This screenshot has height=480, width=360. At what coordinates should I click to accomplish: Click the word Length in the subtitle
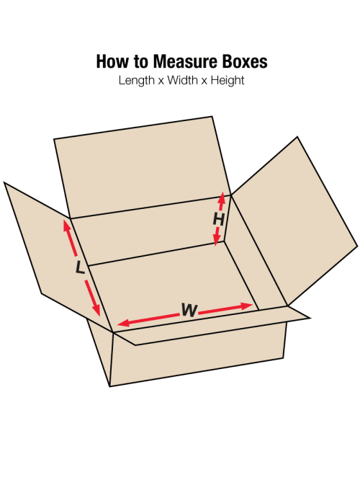click(x=136, y=81)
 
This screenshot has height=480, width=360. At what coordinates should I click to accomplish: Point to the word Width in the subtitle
click(x=182, y=80)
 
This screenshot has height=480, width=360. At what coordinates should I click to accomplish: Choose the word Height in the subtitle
click(x=228, y=81)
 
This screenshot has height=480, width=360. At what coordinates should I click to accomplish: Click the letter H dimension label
click(x=219, y=220)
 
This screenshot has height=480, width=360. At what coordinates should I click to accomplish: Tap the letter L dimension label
click(x=80, y=267)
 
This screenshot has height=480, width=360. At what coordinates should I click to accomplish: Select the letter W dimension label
click(x=189, y=310)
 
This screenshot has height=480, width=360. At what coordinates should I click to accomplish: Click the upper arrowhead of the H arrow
click(x=222, y=197)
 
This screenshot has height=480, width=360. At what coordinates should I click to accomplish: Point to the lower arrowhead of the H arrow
click(x=216, y=241)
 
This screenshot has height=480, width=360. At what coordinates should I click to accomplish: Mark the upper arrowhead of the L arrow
click(x=66, y=225)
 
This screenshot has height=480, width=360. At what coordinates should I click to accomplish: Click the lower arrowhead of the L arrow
click(x=96, y=310)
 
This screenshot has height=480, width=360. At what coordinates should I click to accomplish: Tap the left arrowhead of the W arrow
click(x=123, y=322)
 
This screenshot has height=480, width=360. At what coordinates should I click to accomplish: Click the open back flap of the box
click(x=143, y=166)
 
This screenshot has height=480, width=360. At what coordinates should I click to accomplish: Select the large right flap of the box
click(x=294, y=221)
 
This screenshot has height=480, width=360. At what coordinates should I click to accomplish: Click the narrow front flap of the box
click(x=211, y=326)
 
